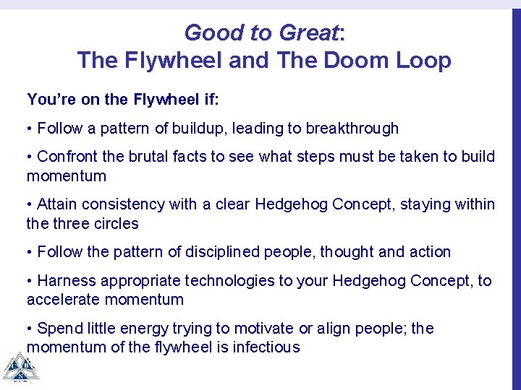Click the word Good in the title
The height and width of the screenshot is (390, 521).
click(209, 33)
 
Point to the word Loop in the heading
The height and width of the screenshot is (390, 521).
click(423, 61)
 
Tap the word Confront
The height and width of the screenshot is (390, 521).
click(67, 157)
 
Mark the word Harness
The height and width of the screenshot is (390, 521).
click(64, 281)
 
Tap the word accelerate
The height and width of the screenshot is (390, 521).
click(59, 300)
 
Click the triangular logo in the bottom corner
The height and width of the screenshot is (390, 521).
click(20, 368)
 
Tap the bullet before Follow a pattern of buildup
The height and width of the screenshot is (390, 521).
click(30, 129)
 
